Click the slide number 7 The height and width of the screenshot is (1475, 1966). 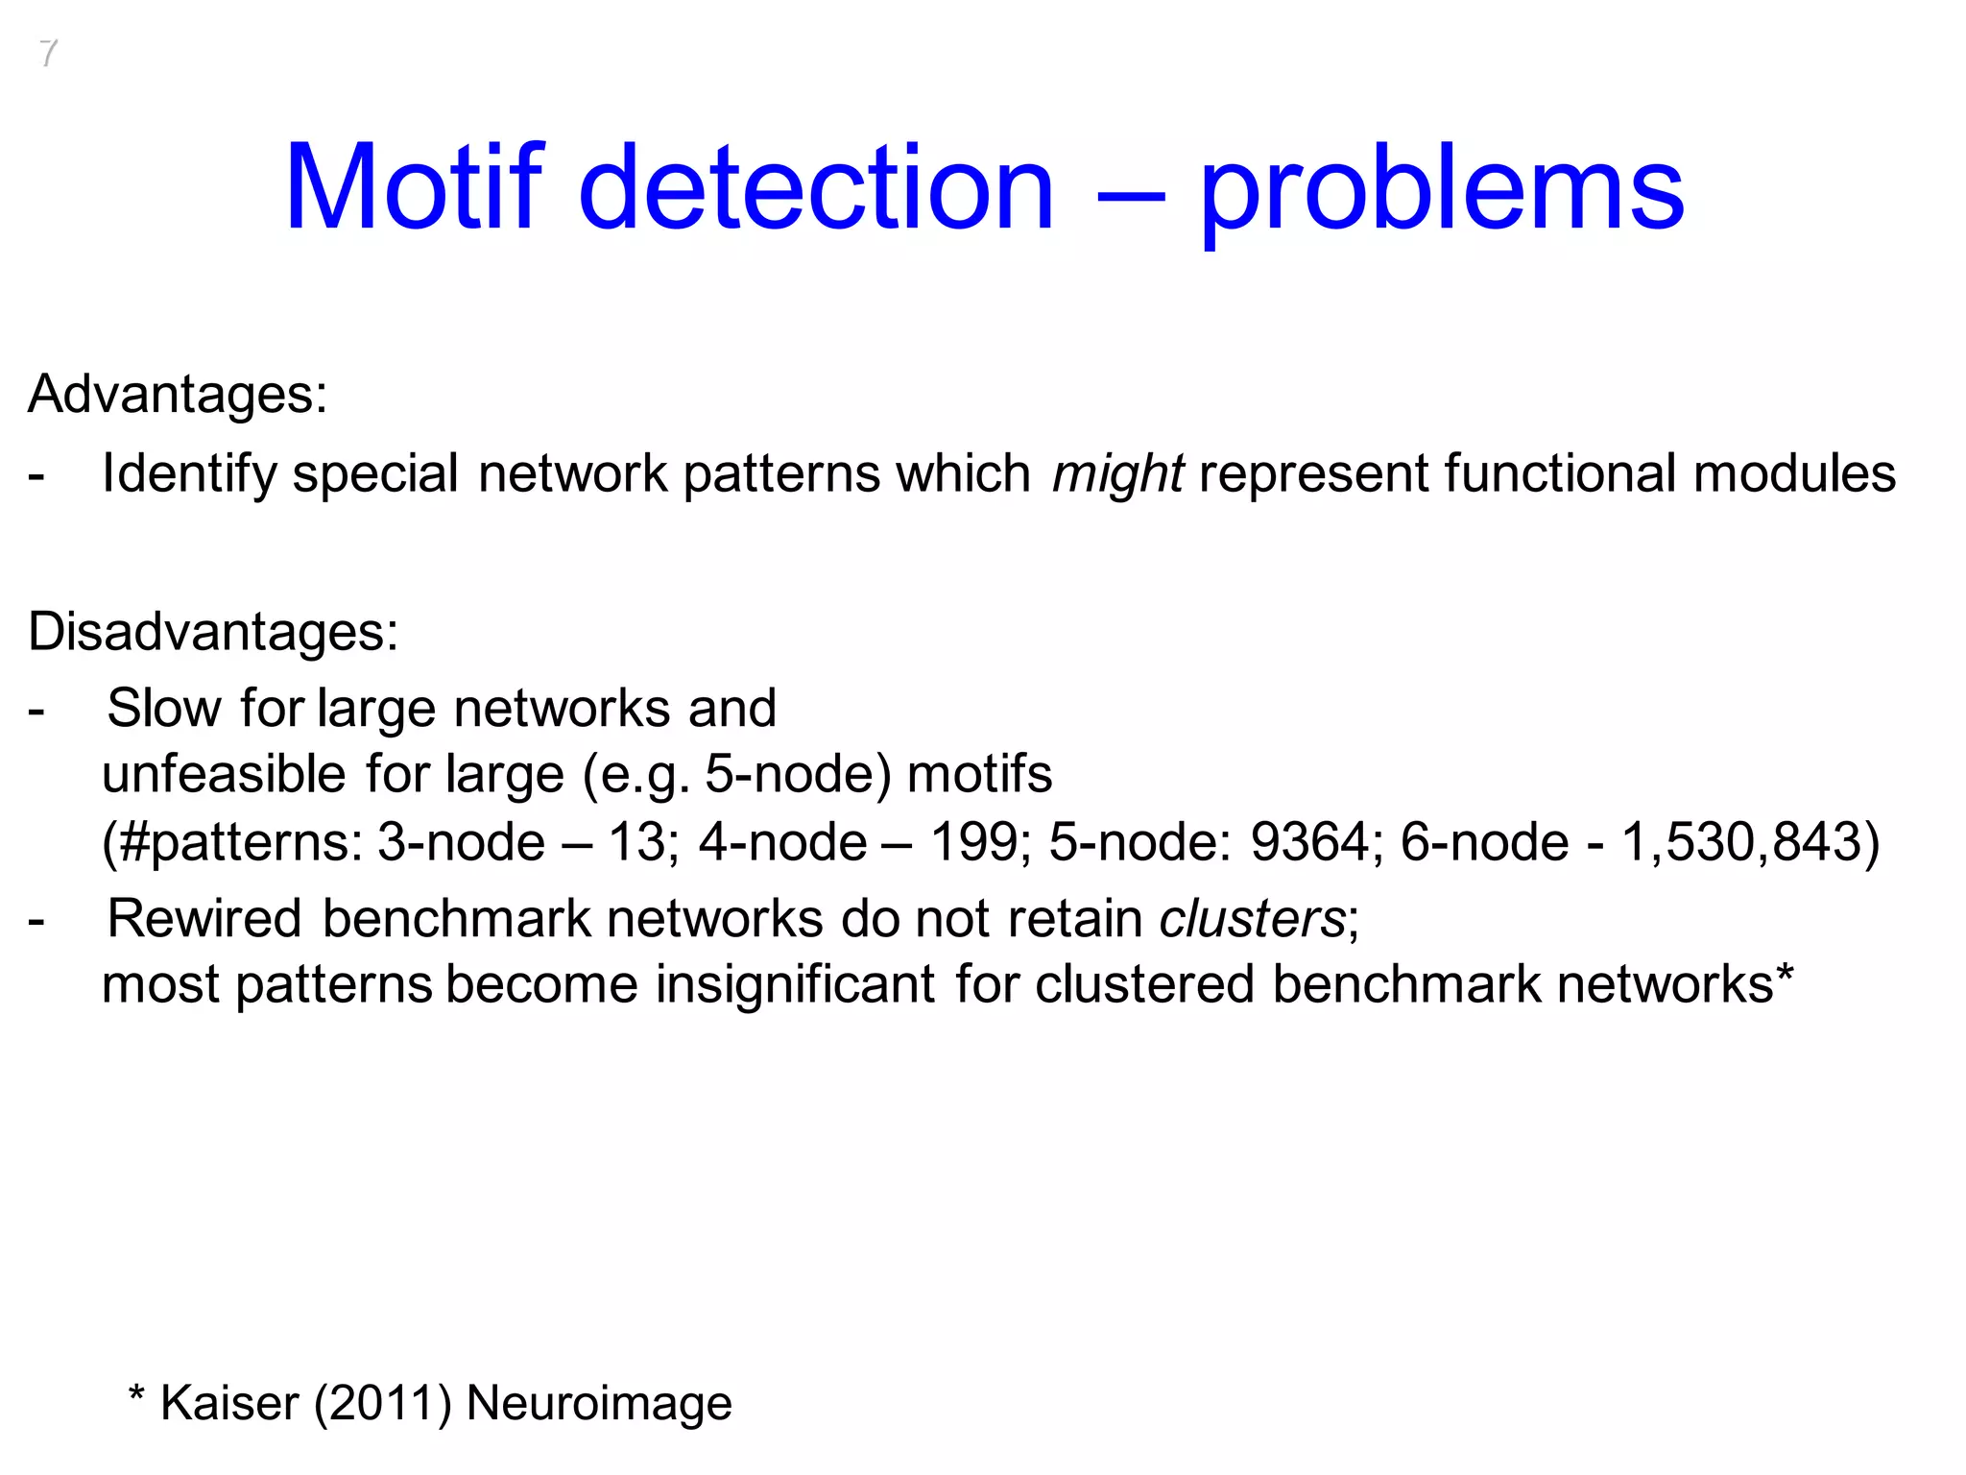[x=48, y=54]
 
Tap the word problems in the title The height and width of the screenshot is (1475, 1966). [x=1441, y=189]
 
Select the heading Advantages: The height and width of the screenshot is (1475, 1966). [x=178, y=394]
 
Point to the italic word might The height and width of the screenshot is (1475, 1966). [x=1117, y=473]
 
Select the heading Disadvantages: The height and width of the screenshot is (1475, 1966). [x=213, y=632]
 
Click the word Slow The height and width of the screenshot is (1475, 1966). [x=164, y=709]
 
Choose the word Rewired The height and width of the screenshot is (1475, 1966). [x=204, y=918]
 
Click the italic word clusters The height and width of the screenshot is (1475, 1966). [x=1252, y=918]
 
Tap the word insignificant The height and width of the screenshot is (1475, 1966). [x=795, y=984]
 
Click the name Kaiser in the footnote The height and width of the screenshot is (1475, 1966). [x=229, y=1403]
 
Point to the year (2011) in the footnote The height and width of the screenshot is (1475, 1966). [x=382, y=1403]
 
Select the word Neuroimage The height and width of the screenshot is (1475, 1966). [x=599, y=1403]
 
